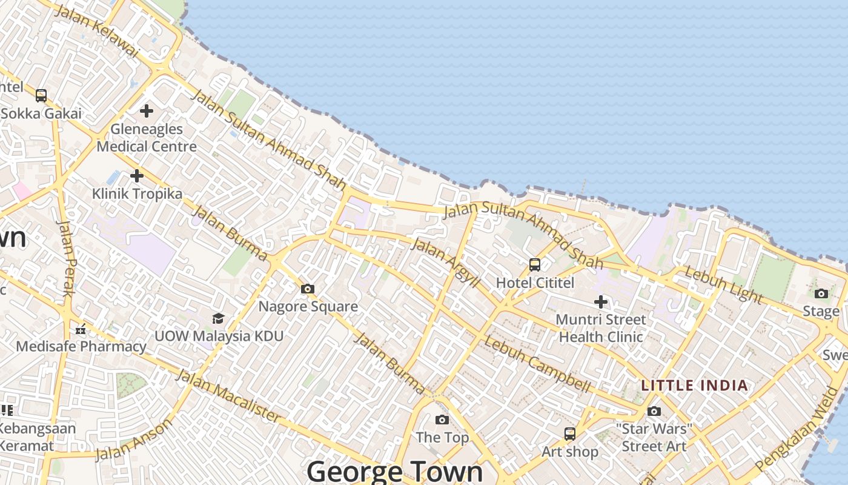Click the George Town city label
(x=395, y=472)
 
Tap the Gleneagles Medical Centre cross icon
(x=146, y=111)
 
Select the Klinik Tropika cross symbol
(x=137, y=176)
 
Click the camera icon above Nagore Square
(x=308, y=289)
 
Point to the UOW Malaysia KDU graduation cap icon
(x=218, y=318)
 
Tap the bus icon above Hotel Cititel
(x=535, y=264)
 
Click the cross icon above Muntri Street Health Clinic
(x=600, y=301)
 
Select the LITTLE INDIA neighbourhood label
(x=695, y=386)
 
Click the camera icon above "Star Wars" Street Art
(x=654, y=411)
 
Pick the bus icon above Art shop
(x=570, y=434)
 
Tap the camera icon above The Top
(x=442, y=420)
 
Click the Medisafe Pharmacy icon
(x=81, y=329)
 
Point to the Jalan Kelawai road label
(x=97, y=32)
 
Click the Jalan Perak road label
(x=67, y=257)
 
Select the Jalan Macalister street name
(x=228, y=395)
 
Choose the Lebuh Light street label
(x=723, y=284)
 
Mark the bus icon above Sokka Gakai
(x=41, y=95)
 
